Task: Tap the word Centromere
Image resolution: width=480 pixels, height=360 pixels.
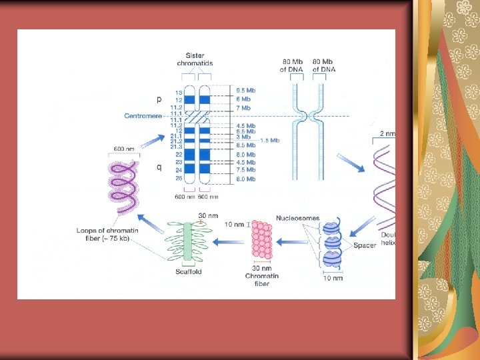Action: point(143,115)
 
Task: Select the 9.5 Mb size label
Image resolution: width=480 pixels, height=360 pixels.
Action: point(245,90)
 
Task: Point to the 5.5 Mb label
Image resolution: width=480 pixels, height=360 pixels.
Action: point(245,131)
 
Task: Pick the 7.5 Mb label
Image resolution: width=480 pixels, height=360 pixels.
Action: point(245,169)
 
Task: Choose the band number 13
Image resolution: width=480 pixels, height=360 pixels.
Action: point(179,92)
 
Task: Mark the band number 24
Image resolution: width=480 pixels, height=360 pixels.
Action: point(179,170)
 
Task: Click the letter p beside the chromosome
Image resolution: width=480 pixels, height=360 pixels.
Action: point(159,99)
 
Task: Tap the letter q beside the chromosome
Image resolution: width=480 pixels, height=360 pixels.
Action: point(159,167)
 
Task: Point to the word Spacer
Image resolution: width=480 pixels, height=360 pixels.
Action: point(365,245)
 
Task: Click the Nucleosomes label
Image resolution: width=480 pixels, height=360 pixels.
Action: point(298,218)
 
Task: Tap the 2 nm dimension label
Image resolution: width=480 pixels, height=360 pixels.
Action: point(386,134)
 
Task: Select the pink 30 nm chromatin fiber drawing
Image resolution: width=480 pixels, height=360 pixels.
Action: point(261,241)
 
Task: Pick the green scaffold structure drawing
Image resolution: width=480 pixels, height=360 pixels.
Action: point(188,241)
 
